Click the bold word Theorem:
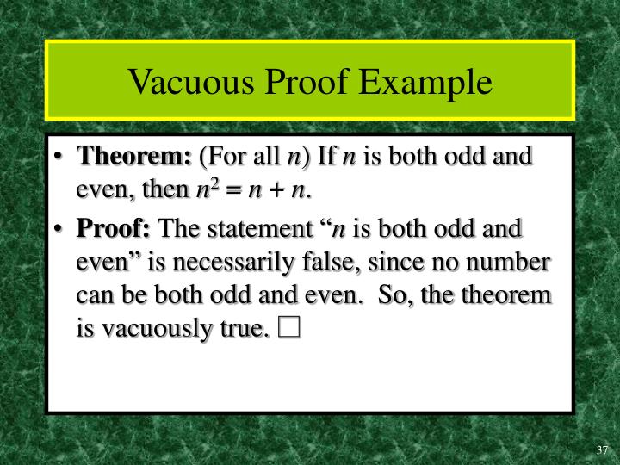click(134, 158)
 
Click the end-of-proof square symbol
click(288, 328)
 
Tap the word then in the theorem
click(164, 189)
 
